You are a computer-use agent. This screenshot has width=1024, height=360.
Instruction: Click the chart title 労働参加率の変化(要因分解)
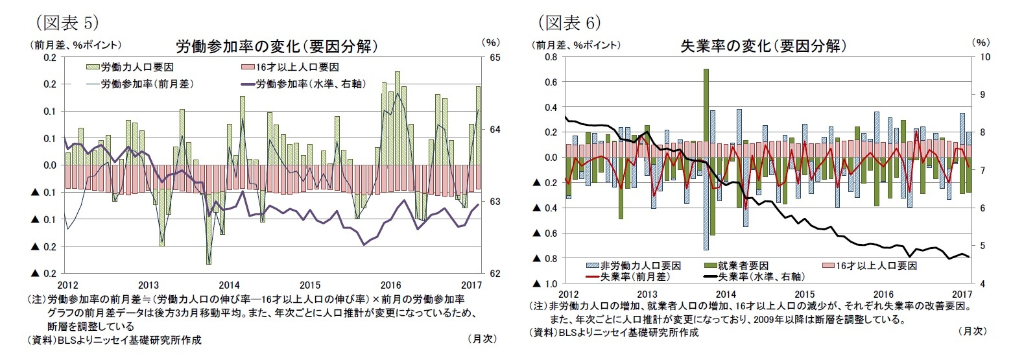click(x=277, y=47)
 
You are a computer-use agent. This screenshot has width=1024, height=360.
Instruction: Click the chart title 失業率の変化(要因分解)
click(x=763, y=46)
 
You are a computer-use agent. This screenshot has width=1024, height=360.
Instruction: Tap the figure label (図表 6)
click(x=569, y=23)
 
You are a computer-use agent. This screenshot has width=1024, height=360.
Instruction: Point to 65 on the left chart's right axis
click(x=494, y=58)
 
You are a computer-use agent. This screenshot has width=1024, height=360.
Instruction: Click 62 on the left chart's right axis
click(x=494, y=273)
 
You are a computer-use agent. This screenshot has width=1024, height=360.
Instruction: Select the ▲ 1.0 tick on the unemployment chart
click(x=545, y=284)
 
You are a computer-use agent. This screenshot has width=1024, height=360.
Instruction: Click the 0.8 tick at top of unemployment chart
click(x=550, y=57)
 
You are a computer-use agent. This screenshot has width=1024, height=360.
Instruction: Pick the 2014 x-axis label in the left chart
click(x=229, y=285)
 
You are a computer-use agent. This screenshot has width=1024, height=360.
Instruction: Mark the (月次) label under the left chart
click(x=481, y=339)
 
